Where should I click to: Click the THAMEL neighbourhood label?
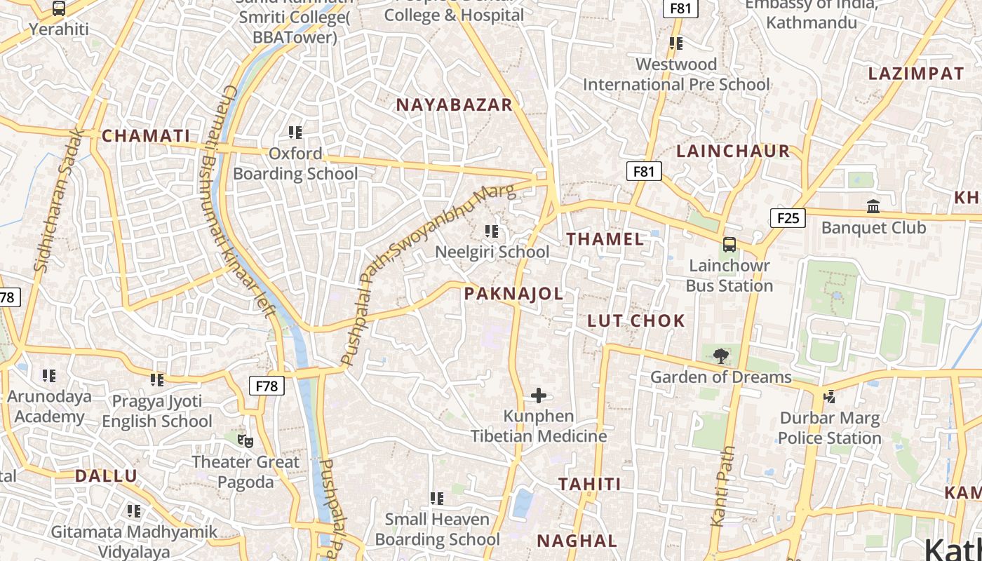[x=605, y=239]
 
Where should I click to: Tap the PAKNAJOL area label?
[x=513, y=294]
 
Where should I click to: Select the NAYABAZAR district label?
[x=455, y=105]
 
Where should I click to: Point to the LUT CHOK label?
[x=635, y=321]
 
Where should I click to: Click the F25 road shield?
[x=788, y=218]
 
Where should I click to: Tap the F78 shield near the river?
[x=267, y=386]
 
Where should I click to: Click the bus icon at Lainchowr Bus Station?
[x=729, y=245]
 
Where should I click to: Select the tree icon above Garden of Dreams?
[x=720, y=356]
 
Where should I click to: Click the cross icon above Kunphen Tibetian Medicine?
[x=539, y=396]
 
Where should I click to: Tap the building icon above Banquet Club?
[x=873, y=207]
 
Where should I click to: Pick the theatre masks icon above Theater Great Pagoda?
[x=245, y=440]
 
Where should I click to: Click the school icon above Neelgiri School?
[x=492, y=231]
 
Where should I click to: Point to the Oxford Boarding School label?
[x=295, y=163]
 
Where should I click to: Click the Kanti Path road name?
[x=722, y=486]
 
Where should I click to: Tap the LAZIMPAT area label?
[x=916, y=74]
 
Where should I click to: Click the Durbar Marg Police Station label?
[x=829, y=428]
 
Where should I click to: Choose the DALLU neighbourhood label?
[x=106, y=476]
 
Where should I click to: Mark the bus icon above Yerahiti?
[x=59, y=9]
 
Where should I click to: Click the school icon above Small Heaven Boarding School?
[x=437, y=499]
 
